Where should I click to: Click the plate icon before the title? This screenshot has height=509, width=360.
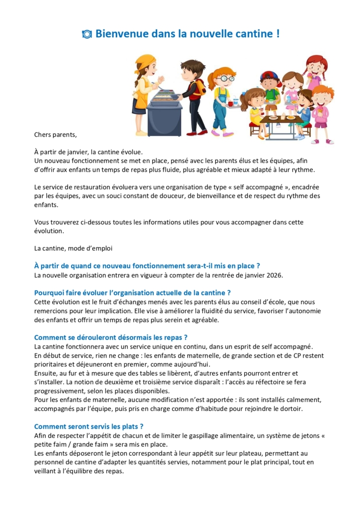coord(87,34)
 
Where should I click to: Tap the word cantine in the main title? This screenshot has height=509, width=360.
coord(249,34)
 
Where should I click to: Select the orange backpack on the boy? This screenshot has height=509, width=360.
coord(200,88)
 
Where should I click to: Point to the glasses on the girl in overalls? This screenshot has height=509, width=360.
coord(226,79)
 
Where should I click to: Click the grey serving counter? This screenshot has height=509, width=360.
coord(164,114)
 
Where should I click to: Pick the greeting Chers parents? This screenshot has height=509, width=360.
coord(56,134)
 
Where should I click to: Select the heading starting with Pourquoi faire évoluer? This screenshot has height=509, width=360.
coord(132,292)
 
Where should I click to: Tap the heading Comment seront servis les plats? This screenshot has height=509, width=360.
coord(89,426)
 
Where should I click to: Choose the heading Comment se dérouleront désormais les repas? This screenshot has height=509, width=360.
coord(110,337)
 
